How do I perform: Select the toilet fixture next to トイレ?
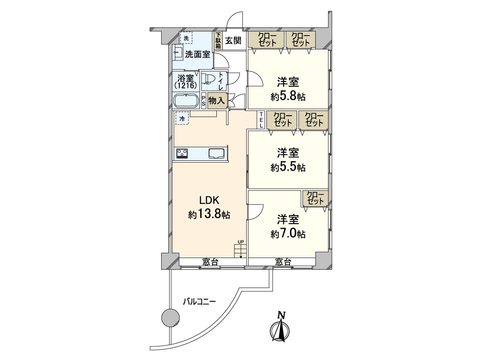click(x=207, y=79)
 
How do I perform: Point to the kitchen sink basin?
click(x=216, y=153)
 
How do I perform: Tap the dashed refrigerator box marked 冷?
click(x=182, y=118)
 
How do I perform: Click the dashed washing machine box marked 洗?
click(x=186, y=38)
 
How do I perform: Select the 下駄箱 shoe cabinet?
click(x=218, y=41)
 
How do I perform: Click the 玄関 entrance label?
click(x=233, y=40)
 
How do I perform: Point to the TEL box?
click(x=261, y=120)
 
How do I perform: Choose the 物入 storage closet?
click(x=217, y=101)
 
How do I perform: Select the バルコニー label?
click(x=199, y=302)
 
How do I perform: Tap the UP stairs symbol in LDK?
click(x=240, y=251)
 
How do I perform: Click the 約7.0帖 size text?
click(x=288, y=234)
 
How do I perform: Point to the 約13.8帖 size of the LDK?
click(x=209, y=215)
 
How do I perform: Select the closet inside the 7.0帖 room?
click(x=315, y=198)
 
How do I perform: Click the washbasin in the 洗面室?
click(x=178, y=52)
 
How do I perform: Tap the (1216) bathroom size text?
click(x=186, y=86)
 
